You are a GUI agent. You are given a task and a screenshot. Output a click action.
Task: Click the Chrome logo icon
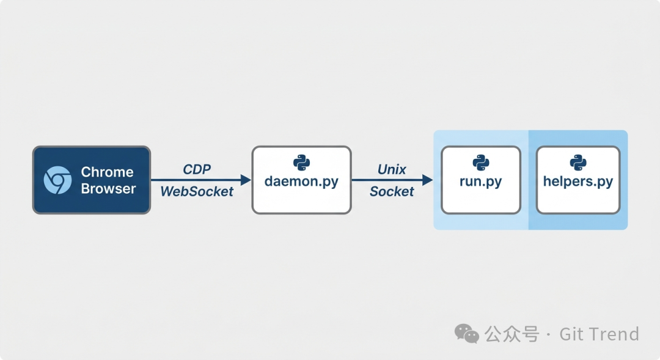click(57, 180)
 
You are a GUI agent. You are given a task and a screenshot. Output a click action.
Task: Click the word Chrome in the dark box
click(107, 172)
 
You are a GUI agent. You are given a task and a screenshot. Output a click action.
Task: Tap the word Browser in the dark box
click(108, 189)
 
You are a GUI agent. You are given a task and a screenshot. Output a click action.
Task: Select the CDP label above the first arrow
click(197, 169)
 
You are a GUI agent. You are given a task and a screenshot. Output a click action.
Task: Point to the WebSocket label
click(197, 191)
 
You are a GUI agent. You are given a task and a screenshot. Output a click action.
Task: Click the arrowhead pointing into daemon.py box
click(246, 180)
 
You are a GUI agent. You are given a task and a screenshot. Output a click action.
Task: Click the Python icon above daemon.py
click(301, 162)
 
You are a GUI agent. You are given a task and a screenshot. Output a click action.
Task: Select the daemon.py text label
click(301, 182)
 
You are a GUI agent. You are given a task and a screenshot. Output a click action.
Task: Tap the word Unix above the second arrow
click(392, 169)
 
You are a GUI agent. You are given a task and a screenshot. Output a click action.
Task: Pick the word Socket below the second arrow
click(392, 191)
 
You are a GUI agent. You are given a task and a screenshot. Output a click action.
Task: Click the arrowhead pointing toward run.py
click(427, 180)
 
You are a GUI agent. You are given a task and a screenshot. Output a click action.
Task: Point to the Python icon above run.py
click(480, 162)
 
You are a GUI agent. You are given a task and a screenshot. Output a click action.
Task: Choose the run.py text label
click(480, 182)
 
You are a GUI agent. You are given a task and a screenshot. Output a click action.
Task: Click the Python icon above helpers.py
click(578, 162)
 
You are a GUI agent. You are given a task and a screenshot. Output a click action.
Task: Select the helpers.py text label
click(578, 182)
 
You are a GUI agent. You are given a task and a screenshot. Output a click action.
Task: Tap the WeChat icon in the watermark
click(467, 334)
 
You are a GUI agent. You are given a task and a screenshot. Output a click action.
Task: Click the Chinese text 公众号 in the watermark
click(512, 334)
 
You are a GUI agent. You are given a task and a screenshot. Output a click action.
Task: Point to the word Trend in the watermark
click(615, 334)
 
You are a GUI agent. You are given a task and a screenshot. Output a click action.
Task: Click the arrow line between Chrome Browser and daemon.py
click(196, 180)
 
